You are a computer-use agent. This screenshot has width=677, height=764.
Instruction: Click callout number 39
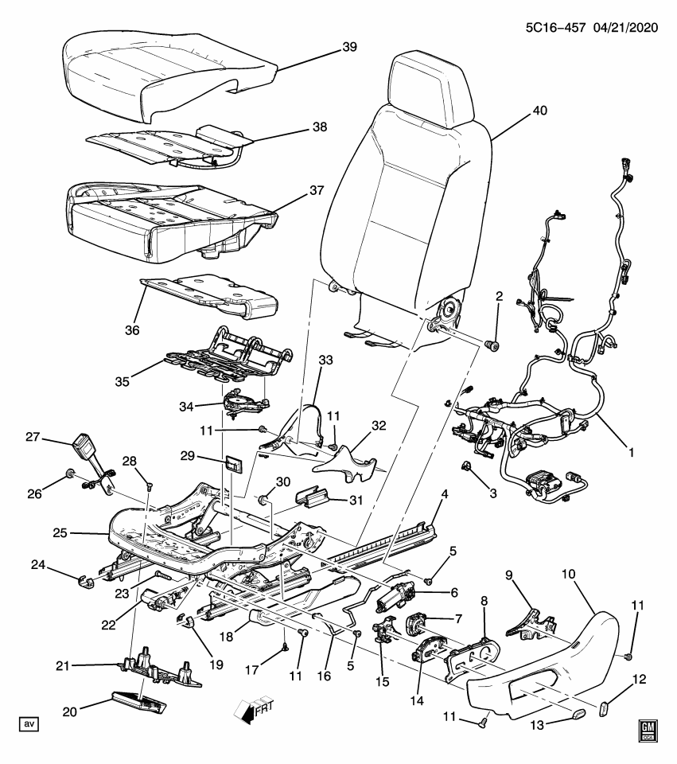point(349,48)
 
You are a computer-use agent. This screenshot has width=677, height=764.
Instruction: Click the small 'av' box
point(29,724)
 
